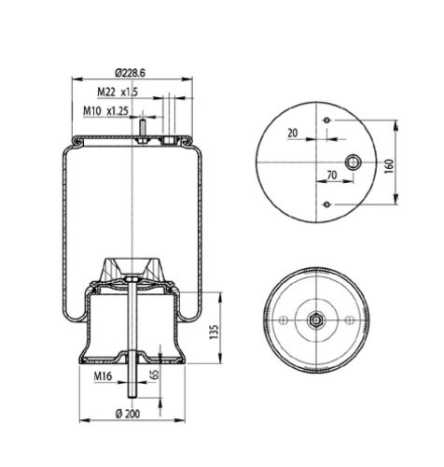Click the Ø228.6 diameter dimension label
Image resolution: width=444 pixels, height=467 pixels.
(130, 73)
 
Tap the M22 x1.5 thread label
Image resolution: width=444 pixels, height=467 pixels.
(118, 92)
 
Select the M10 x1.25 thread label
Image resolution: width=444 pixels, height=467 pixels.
(105, 111)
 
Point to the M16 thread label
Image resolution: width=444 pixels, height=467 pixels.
(103, 376)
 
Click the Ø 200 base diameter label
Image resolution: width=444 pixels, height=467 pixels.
(128, 414)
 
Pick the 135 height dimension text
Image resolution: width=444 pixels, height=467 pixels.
(214, 333)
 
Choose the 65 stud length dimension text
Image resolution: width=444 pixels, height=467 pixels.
(155, 375)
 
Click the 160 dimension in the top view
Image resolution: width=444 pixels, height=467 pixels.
(389, 166)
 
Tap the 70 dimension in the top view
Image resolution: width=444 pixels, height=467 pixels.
(332, 176)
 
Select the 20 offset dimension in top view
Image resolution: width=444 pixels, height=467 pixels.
(293, 133)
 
